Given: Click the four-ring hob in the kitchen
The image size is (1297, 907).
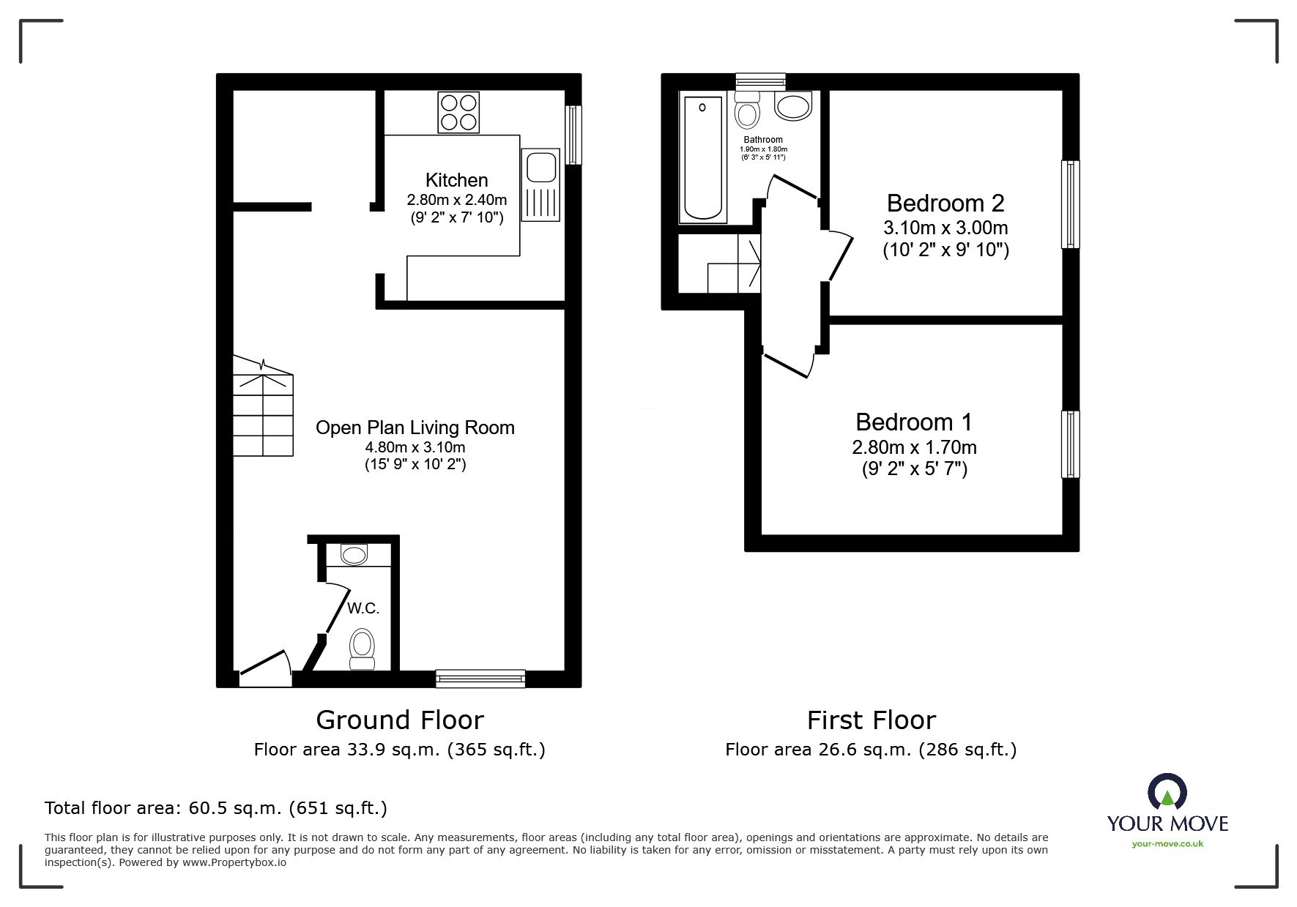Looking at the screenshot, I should tap(458, 112).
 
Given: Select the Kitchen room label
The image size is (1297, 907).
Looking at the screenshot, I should tap(456, 180).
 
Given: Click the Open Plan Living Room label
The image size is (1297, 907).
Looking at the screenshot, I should tap(415, 428).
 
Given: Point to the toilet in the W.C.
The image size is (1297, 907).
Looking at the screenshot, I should tap(362, 648).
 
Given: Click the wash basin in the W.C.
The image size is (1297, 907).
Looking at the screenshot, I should tap(354, 554).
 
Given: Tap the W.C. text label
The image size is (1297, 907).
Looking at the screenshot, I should tap(363, 608).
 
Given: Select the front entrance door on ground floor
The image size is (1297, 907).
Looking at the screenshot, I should tap(264, 667).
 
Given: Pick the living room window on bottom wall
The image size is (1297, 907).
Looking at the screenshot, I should tap(480, 679).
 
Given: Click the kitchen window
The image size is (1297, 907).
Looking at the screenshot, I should tap(574, 135).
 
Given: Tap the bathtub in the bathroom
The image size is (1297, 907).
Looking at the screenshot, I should tap(702, 158).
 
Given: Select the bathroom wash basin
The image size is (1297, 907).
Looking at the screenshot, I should tap(793, 106).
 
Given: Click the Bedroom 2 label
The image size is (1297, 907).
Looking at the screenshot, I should tap(945, 203).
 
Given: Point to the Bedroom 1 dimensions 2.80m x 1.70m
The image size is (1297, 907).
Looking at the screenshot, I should tap(914, 447).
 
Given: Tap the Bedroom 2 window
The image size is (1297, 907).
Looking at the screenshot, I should tap(1070, 204).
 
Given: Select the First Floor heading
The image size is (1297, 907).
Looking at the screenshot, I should tap(871, 720).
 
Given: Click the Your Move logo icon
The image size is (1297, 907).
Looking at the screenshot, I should tap(1167, 792).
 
